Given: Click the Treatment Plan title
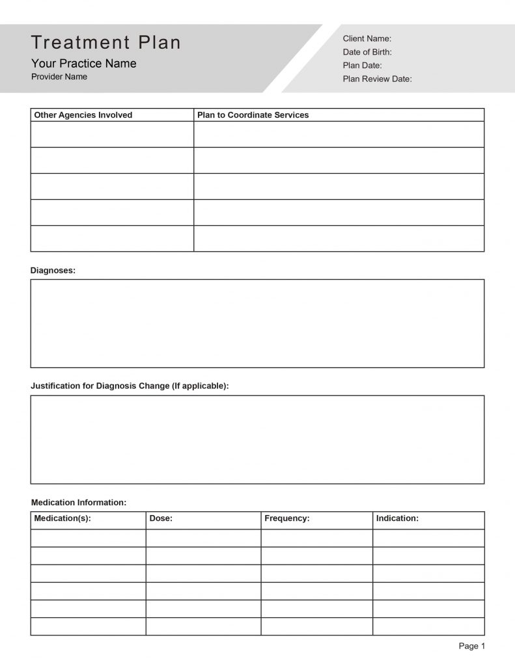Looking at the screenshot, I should click(106, 43).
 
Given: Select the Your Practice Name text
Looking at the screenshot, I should click(84, 64).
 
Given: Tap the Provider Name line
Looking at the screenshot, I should click(59, 77).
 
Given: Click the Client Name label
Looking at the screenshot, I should click(367, 39).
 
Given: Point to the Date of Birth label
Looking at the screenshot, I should click(367, 52).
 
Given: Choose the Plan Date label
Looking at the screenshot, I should click(362, 66).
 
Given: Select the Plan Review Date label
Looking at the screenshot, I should click(377, 79).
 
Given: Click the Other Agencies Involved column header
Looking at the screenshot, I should click(83, 115).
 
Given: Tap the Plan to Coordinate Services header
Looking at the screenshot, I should click(253, 115).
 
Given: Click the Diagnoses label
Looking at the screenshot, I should click(53, 270).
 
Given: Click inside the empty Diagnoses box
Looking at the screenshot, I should click(257, 323).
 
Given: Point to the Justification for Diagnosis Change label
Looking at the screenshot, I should click(130, 386).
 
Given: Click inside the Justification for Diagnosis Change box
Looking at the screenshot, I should click(257, 439).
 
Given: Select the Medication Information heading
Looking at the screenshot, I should click(79, 502).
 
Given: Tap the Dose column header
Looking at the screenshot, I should click(161, 518).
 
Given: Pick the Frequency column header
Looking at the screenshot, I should click(286, 518).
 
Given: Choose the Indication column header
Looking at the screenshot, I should click(397, 518).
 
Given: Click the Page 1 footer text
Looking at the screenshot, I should click(472, 646).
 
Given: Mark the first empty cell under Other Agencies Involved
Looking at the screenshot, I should click(112, 134).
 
